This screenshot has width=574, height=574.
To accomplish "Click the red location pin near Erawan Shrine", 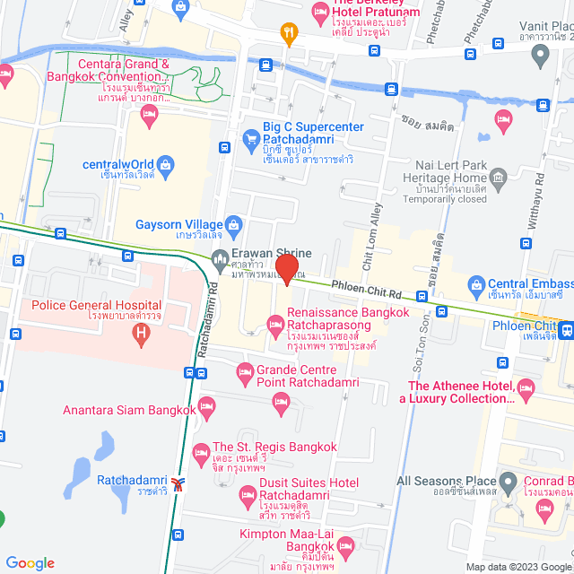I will (286, 269).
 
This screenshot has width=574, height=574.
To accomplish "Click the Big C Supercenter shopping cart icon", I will (252, 139).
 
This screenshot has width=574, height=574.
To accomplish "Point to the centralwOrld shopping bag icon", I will (166, 164).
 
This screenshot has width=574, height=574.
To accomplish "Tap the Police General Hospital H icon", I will (139, 335).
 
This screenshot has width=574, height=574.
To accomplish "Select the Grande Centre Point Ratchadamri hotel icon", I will (243, 371).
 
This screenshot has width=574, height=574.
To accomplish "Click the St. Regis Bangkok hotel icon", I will (200, 448).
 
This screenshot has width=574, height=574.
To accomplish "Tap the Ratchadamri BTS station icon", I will (180, 484).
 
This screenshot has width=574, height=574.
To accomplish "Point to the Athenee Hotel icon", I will (526, 387).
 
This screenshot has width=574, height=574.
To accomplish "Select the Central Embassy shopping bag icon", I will (478, 287).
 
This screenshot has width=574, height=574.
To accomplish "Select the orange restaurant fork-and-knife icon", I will (288, 35).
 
